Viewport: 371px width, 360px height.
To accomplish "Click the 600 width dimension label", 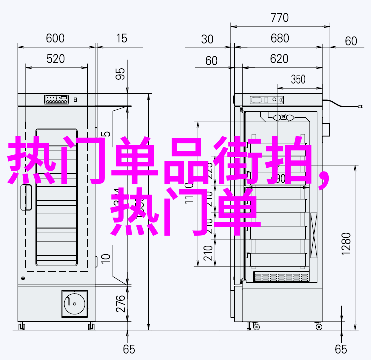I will [56, 38].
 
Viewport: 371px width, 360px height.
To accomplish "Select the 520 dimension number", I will [56, 59].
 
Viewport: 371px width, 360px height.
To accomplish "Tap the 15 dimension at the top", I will [121, 38].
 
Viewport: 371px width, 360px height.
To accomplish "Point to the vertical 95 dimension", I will [120, 74].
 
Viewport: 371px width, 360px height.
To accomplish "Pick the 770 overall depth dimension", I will [280, 18].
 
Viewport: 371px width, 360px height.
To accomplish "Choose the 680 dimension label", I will [280, 39].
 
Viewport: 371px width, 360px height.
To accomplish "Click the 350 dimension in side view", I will [298, 79].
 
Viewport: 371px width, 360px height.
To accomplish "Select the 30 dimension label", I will [208, 39].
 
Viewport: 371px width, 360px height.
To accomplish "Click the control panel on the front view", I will [56, 99].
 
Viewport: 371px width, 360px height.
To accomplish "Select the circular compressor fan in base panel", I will [74, 302].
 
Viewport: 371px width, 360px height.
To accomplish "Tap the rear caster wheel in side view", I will [319, 326].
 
